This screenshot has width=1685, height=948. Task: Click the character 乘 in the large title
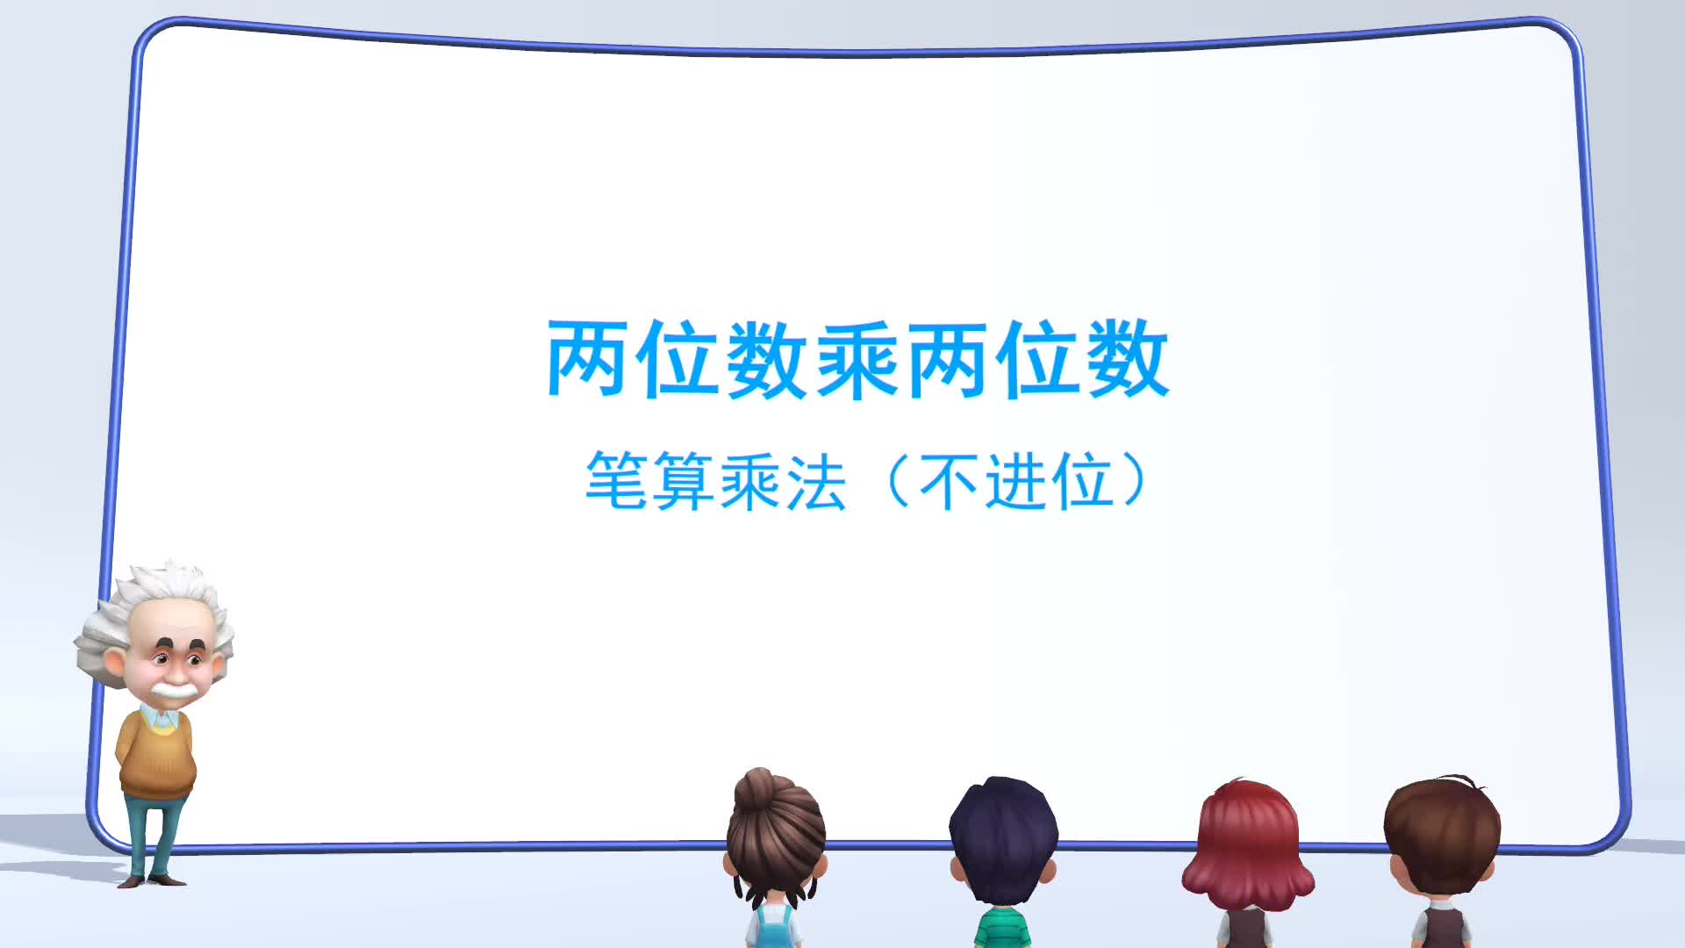[x=857, y=360]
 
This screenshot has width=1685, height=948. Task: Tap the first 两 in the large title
[x=589, y=360]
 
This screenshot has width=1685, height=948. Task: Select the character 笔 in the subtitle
[x=616, y=481]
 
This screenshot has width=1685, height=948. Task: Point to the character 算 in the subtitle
[x=684, y=481]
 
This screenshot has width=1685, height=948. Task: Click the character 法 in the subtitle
[x=816, y=481]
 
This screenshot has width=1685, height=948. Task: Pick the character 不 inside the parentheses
[x=950, y=481]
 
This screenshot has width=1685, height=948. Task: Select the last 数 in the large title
[x=1128, y=360]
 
